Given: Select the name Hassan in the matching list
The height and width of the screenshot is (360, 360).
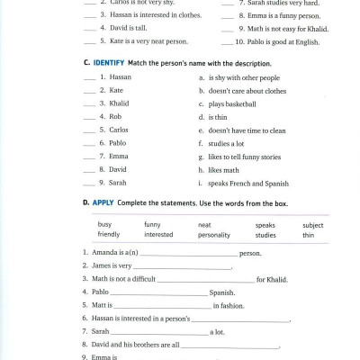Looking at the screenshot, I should click(120, 78).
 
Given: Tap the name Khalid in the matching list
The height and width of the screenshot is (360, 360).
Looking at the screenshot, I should click(119, 103).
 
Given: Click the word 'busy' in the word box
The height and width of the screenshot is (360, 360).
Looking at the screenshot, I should click(104, 224).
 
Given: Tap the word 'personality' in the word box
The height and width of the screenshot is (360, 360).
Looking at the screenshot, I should click(216, 235).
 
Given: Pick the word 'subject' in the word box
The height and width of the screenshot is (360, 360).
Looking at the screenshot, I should click(312, 224).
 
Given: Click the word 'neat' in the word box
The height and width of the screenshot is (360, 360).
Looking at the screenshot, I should click(204, 224).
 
